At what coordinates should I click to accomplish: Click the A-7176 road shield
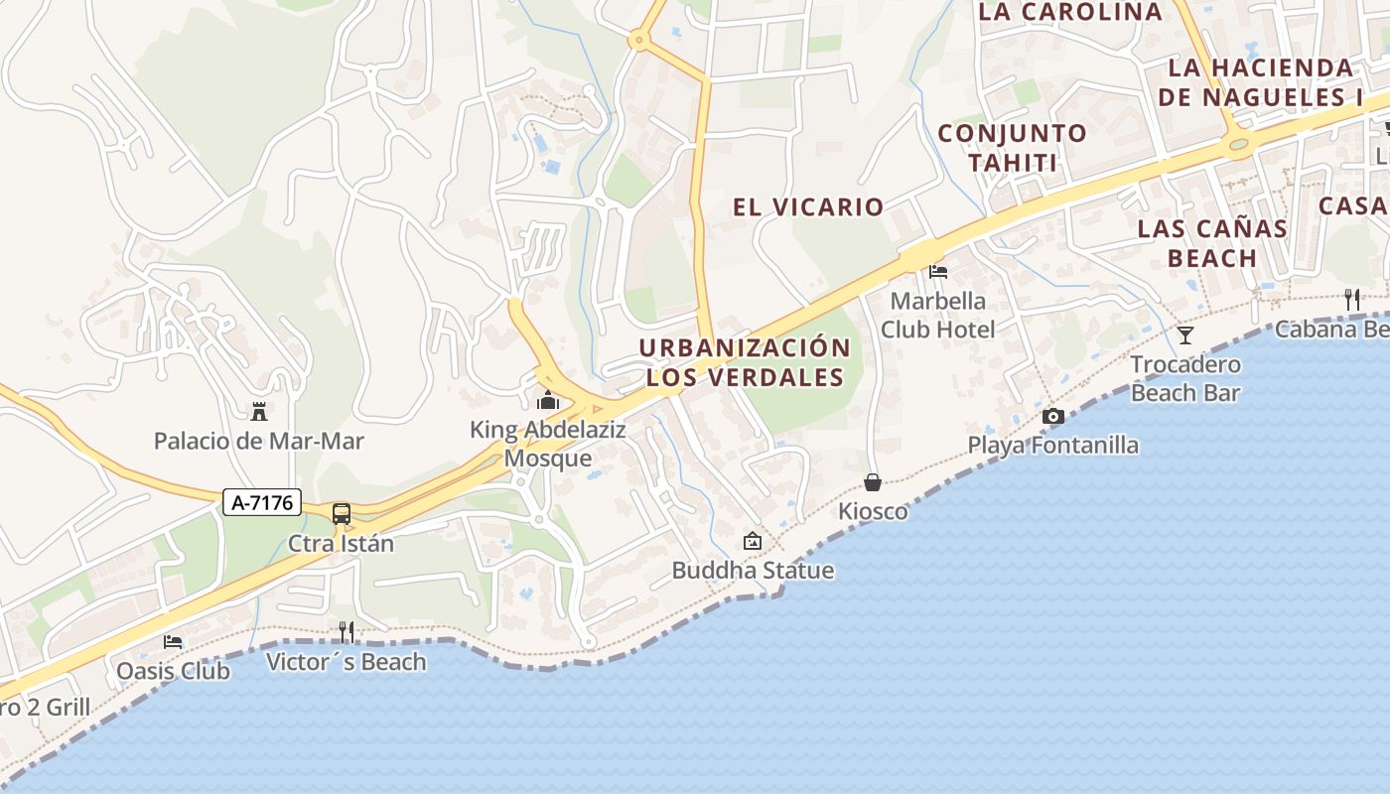pyautogui.click(x=262, y=503)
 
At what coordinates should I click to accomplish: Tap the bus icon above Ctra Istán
pyautogui.click(x=342, y=514)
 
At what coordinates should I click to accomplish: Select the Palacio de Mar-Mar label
pyautogui.click(x=258, y=441)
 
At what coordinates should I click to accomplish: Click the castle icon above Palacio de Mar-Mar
pyautogui.click(x=259, y=411)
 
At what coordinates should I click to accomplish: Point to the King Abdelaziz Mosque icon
pyautogui.click(x=547, y=401)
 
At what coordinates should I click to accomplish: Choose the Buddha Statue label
pyautogui.click(x=753, y=571)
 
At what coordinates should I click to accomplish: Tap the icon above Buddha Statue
pyautogui.click(x=753, y=541)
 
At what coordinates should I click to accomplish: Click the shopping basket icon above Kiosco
pyautogui.click(x=873, y=482)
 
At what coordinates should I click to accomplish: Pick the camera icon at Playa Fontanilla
pyautogui.click(x=1053, y=416)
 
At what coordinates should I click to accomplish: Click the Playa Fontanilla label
pyautogui.click(x=1053, y=445)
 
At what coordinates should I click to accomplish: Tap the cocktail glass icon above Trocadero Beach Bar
pyautogui.click(x=1185, y=335)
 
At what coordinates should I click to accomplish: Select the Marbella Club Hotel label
pyautogui.click(x=938, y=315)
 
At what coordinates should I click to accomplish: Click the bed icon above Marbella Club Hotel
pyautogui.click(x=938, y=271)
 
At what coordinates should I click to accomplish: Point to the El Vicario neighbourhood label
pyautogui.click(x=808, y=206)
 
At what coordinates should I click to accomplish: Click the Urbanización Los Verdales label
pyautogui.click(x=745, y=362)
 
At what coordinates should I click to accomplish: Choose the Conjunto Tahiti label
pyautogui.click(x=1012, y=148)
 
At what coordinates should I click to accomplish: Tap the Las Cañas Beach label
pyautogui.click(x=1212, y=243)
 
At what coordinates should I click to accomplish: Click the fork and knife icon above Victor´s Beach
pyautogui.click(x=347, y=631)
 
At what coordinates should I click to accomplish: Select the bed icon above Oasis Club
pyautogui.click(x=174, y=642)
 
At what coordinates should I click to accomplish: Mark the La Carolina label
pyautogui.click(x=1070, y=12)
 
